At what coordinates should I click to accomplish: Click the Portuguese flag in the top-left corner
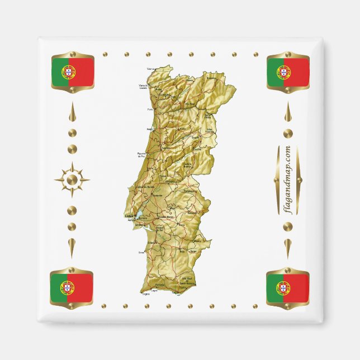pos(72,72)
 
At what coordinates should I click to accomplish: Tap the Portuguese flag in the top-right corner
pos(288,72)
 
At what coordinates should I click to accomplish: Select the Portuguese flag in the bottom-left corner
pos(72,287)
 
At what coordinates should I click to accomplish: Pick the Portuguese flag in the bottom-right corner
pos(287,287)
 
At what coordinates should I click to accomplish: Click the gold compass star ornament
pos(72,179)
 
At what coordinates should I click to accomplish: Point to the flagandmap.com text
pos(287,179)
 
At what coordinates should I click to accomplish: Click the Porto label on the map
pos(150,110)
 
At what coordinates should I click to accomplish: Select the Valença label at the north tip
pos(150,69)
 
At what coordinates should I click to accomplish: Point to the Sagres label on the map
pos(146,292)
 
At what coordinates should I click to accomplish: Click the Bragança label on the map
pos(211,79)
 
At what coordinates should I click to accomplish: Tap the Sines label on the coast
pos(140,253)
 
